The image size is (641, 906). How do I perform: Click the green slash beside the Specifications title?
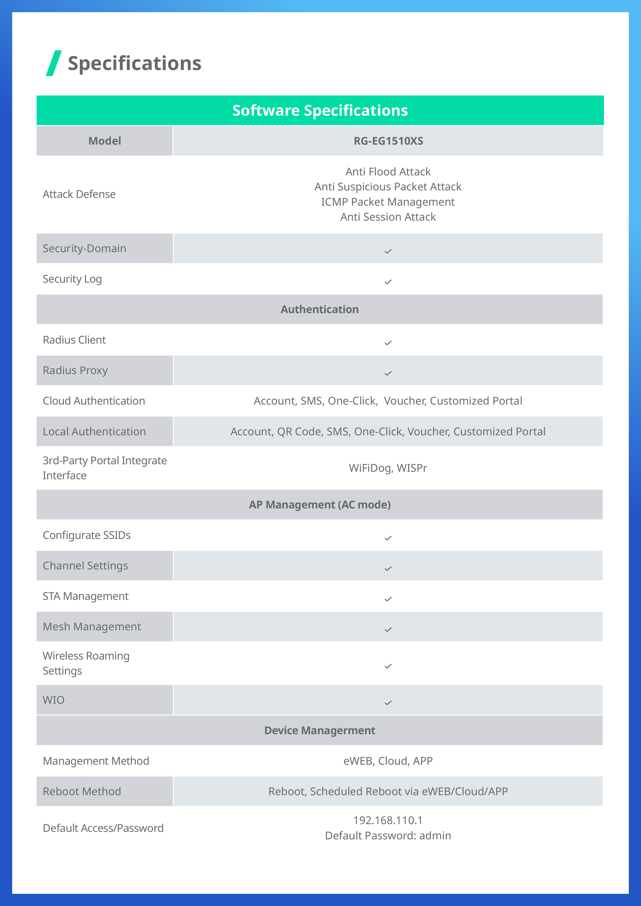(x=54, y=63)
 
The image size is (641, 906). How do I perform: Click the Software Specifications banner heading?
(x=320, y=111)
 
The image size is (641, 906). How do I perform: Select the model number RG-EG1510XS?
(x=388, y=141)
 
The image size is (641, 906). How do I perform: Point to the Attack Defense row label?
(x=79, y=194)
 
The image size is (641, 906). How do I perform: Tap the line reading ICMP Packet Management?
(x=388, y=202)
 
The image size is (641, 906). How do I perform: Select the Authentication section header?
(x=320, y=309)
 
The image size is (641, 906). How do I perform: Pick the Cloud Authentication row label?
(x=94, y=401)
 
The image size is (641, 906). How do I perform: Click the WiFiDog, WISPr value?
(x=388, y=468)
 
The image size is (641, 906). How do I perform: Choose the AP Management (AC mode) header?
(x=320, y=505)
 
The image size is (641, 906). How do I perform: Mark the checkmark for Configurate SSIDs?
(x=388, y=538)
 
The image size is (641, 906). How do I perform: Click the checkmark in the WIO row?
(x=388, y=703)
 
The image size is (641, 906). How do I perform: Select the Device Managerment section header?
(x=320, y=730)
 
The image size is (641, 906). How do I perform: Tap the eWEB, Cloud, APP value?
(x=388, y=761)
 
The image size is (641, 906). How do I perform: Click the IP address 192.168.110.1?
(x=388, y=820)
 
